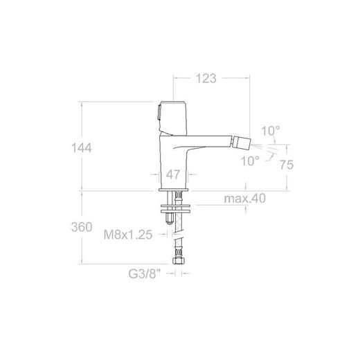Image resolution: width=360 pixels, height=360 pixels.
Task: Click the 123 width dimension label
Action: (x=206, y=78)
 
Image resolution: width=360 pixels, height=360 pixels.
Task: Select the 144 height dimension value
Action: (x=82, y=148)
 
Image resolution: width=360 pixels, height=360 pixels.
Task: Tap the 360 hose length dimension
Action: (x=82, y=227)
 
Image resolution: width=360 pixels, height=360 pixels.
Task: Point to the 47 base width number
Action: (x=173, y=174)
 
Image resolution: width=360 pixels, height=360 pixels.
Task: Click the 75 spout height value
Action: (x=287, y=165)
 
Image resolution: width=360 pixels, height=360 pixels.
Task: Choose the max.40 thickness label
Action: (x=245, y=199)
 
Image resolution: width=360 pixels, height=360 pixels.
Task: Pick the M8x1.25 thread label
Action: (x=128, y=235)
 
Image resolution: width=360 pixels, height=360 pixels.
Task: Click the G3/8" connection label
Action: (x=144, y=274)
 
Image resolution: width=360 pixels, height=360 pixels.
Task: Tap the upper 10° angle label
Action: (x=271, y=131)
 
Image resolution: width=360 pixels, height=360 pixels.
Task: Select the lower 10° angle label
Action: (x=250, y=161)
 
